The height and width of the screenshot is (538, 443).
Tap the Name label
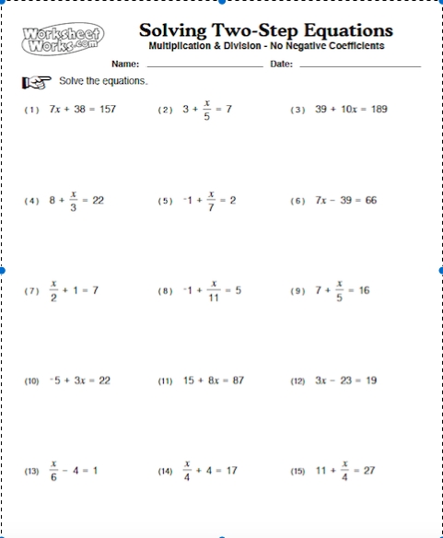tap(125, 64)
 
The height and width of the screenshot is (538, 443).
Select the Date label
tap(282, 64)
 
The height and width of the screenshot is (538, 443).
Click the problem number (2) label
tap(166, 110)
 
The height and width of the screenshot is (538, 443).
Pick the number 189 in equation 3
tap(376, 109)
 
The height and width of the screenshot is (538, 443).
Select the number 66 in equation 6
tap(370, 200)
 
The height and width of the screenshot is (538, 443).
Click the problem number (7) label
tap(32, 291)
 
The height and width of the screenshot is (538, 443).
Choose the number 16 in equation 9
tap(365, 290)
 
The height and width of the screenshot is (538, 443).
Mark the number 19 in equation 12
tap(370, 380)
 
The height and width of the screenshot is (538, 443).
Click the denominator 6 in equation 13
tap(54, 478)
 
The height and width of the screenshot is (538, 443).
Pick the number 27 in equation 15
tap(371, 470)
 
